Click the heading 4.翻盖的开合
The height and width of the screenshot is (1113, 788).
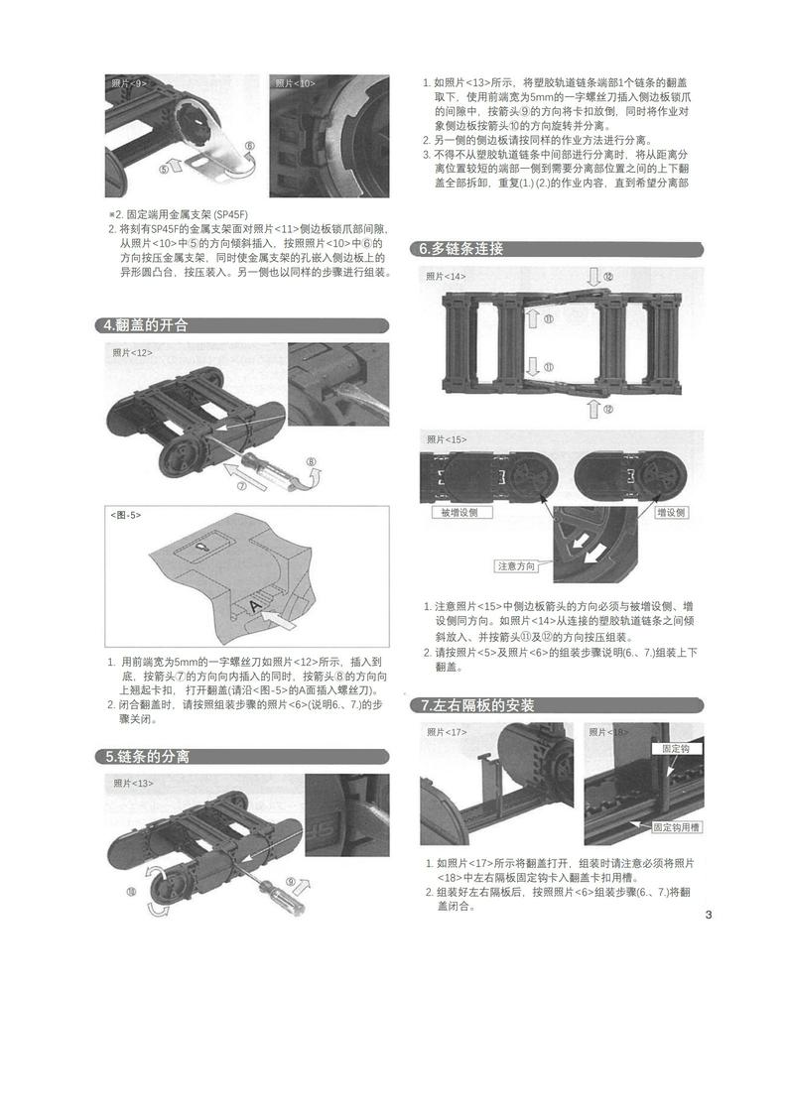pyautogui.click(x=147, y=325)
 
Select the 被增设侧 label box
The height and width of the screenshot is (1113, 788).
pyautogui.click(x=460, y=513)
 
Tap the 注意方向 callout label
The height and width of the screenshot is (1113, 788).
pyautogui.click(x=517, y=566)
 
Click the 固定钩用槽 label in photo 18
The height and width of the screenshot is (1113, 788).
pyautogui.click(x=676, y=826)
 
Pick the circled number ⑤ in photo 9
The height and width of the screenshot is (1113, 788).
pyautogui.click(x=164, y=169)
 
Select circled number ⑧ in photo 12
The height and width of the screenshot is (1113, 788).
pyautogui.click(x=311, y=461)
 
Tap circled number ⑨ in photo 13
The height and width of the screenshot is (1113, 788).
pyautogui.click(x=291, y=881)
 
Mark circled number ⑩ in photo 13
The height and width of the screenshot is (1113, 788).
pyautogui.click(x=131, y=892)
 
